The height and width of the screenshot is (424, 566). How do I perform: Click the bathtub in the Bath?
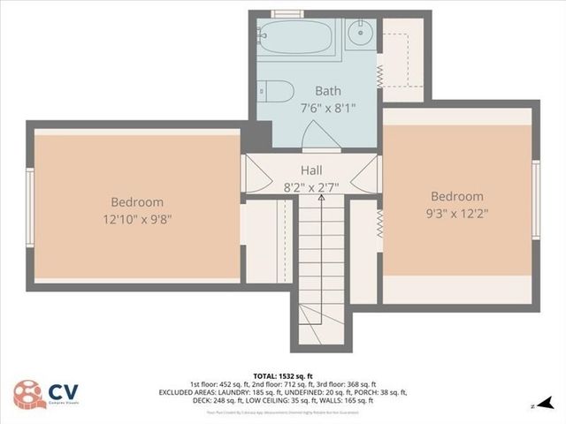[x=297, y=38]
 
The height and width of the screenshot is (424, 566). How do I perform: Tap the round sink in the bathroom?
[x=359, y=35]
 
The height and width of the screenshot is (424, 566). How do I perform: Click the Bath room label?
[x=327, y=90]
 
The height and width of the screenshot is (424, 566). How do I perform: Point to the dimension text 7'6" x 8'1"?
[x=327, y=109]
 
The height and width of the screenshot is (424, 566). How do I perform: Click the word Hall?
[x=311, y=170]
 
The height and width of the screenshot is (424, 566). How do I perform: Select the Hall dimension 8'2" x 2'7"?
[x=311, y=187]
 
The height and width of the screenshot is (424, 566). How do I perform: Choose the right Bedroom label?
[x=457, y=196]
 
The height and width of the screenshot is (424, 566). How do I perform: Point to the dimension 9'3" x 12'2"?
[x=457, y=213]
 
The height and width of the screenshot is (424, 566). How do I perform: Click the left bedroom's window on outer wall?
[x=29, y=206]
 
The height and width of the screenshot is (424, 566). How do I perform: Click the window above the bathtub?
[x=287, y=13]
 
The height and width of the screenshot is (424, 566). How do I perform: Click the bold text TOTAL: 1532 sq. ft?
[x=282, y=375]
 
